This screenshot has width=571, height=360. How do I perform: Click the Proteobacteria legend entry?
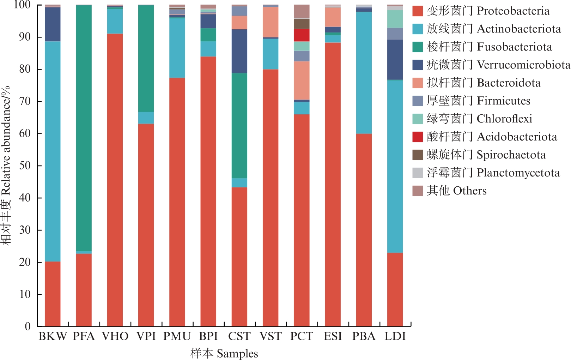click(481, 11)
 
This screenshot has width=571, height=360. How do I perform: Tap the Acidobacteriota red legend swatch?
click(418, 137)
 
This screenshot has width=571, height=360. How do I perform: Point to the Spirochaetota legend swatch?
click(418, 155)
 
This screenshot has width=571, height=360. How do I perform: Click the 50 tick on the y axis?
click(25, 166)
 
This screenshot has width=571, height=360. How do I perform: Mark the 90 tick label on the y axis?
click(25, 37)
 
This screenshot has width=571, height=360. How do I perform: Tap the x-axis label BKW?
click(53, 336)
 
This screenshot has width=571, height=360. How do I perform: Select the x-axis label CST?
click(239, 336)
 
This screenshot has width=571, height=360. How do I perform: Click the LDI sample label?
click(395, 336)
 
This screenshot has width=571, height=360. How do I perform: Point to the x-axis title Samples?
click(224, 353)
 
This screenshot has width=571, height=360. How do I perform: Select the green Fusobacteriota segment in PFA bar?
click(84, 127)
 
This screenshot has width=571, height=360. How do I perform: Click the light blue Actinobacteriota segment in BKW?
click(53, 152)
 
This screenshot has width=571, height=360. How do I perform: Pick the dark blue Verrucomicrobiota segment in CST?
click(239, 51)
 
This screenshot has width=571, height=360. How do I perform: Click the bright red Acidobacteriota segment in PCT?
click(302, 35)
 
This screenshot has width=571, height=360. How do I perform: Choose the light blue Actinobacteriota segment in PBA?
click(364, 72)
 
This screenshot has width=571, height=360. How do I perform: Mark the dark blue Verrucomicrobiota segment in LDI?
click(395, 59)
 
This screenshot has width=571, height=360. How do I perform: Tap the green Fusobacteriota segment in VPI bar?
click(146, 58)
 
